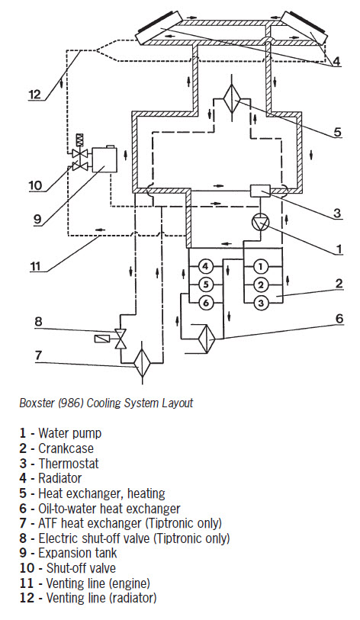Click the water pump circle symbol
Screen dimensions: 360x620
(261, 223)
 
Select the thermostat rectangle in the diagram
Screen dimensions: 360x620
(261, 191)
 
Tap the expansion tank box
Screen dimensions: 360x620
(104, 159)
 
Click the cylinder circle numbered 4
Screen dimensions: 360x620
(205, 266)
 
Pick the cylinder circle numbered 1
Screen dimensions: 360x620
(260, 266)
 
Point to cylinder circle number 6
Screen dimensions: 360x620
(205, 304)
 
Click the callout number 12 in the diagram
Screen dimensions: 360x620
(35, 95)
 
